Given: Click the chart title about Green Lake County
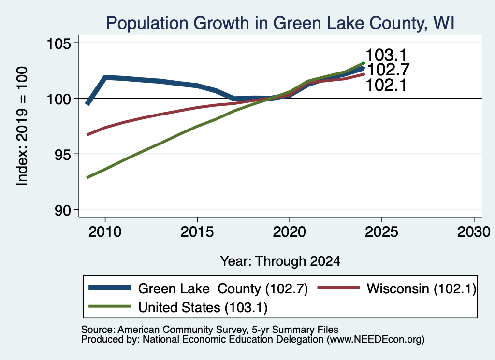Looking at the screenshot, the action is click(280, 23).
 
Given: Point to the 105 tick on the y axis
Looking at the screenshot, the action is click(58, 43).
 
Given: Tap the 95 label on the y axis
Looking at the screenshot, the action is click(62, 154).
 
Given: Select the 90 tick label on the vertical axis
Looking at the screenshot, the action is click(62, 210).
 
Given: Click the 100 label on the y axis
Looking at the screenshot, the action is click(58, 99).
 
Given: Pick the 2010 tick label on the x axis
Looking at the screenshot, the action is click(105, 232).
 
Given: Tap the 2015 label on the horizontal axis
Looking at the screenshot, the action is click(197, 232).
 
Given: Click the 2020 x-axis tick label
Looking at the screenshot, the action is click(290, 232).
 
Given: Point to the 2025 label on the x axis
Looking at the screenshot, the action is click(382, 232).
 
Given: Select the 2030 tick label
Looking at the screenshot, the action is click(474, 232).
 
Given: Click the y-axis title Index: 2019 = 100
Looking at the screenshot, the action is click(22, 126).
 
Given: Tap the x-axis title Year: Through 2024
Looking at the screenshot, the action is click(280, 261).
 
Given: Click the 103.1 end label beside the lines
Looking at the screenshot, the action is click(387, 55).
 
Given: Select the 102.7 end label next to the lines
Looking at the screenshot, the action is click(388, 70).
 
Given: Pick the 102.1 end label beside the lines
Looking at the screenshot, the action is click(387, 85).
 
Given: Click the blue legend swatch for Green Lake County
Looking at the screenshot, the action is click(110, 288).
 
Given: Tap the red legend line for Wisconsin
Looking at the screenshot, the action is click(339, 288).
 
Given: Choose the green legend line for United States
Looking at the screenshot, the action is click(110, 306).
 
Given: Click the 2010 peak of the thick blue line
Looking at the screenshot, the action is click(105, 77).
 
